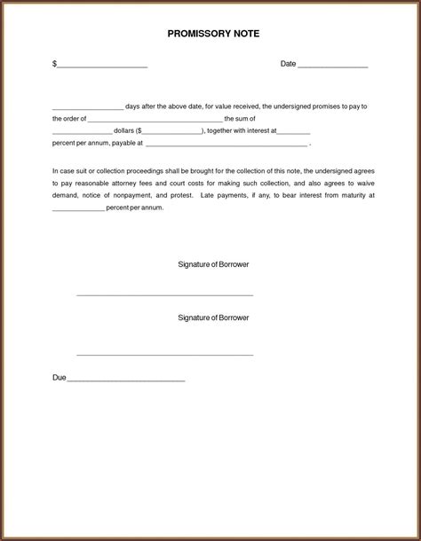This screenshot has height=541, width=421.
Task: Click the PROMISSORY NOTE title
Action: point(213,33)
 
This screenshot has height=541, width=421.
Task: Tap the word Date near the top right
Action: point(288,64)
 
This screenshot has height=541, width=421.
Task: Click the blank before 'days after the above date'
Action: point(87,107)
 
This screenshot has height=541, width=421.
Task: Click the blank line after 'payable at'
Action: point(226,144)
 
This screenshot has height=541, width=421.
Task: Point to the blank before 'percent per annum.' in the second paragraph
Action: point(78,208)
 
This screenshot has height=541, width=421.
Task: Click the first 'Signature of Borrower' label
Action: point(213,265)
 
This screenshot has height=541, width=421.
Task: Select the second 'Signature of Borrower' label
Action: point(213,317)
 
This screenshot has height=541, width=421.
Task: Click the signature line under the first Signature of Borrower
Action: point(165,294)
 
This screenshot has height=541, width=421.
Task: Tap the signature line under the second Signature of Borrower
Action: point(165,355)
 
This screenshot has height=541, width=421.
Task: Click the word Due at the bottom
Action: point(60,378)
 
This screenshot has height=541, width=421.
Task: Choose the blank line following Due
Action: point(126,380)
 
